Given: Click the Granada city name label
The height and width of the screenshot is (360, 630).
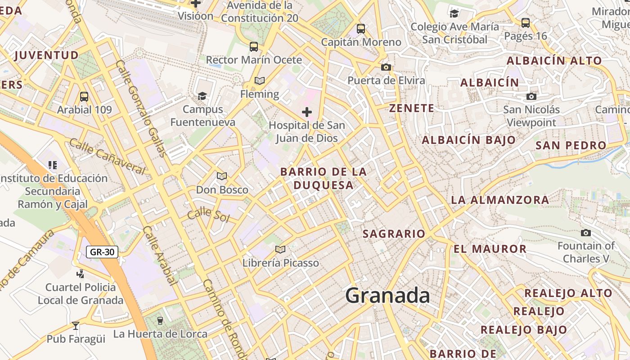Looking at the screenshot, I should pyautogui.click(x=387, y=296).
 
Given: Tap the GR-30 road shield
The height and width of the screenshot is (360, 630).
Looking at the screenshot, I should pyautogui.click(x=102, y=252).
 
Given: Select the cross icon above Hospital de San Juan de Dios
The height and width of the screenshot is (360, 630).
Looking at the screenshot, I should pyautogui.click(x=307, y=112).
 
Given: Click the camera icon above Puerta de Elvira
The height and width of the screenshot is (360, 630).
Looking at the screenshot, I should pyautogui.click(x=386, y=67).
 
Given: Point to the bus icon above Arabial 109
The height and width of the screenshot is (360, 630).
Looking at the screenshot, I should pyautogui.click(x=84, y=96).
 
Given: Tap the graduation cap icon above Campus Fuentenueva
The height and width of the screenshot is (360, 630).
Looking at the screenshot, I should pyautogui.click(x=202, y=96).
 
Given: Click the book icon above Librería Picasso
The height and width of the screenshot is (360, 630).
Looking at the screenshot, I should pyautogui.click(x=280, y=249).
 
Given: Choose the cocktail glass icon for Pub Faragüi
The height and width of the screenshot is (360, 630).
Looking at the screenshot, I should pyautogui.click(x=76, y=325).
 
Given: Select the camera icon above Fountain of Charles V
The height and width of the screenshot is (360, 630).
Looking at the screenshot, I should pyautogui.click(x=585, y=233).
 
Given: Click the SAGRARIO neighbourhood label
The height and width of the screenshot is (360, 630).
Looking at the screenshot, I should pyautogui.click(x=394, y=234).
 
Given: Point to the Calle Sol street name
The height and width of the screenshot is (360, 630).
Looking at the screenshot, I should pyautogui.click(x=208, y=215).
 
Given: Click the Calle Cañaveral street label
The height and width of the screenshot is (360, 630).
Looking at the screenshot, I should pyautogui.click(x=107, y=156).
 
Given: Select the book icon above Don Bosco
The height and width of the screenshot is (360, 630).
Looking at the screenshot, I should pyautogui.click(x=222, y=176).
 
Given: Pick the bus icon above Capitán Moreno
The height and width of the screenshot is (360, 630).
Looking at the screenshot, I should pyautogui.click(x=360, y=29).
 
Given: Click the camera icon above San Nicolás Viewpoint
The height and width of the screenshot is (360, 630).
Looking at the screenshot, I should pyautogui.click(x=531, y=96).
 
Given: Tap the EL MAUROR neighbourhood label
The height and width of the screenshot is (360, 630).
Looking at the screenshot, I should pyautogui.click(x=490, y=249).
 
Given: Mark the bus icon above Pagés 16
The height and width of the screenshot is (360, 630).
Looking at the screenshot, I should pyautogui.click(x=525, y=22).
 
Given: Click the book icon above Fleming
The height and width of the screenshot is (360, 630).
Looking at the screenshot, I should pyautogui.click(x=259, y=81).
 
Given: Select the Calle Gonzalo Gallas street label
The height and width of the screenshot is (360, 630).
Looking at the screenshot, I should pyautogui.click(x=141, y=108).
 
